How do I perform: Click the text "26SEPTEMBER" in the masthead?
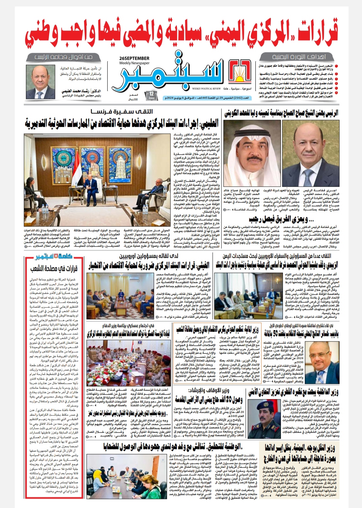pyautogui.click(x=134, y=58)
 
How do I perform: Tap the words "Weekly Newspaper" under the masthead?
pyautogui.click(x=134, y=63)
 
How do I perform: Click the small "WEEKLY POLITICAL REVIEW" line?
pyautogui.click(x=206, y=89)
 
